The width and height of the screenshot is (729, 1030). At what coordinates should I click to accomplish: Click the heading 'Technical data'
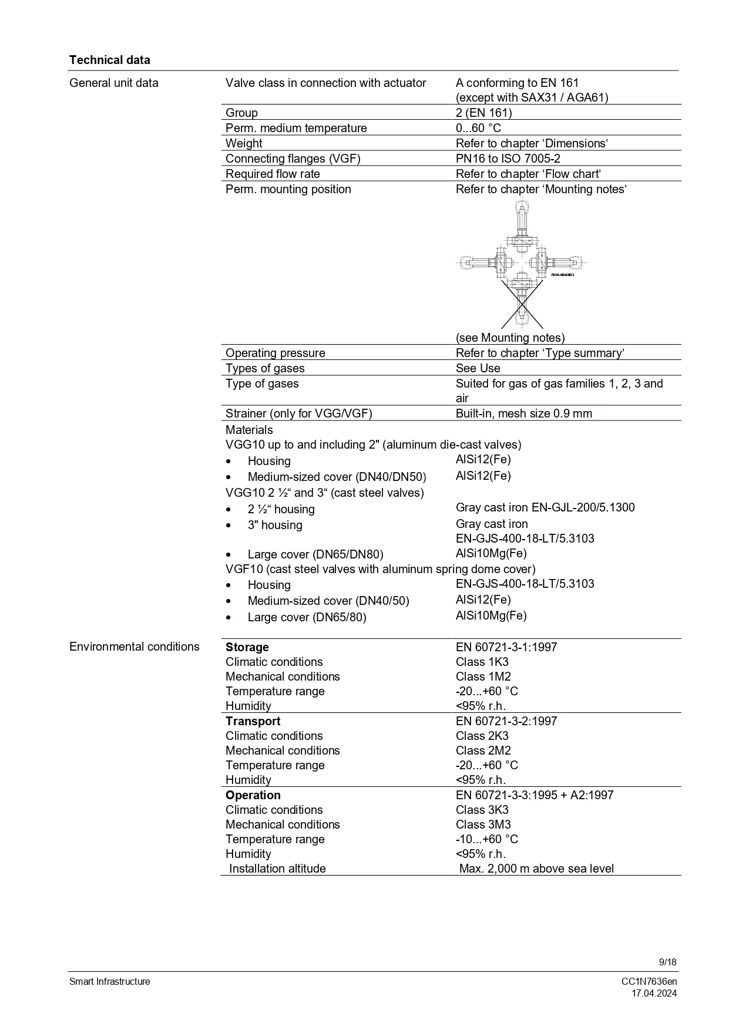pos(109,60)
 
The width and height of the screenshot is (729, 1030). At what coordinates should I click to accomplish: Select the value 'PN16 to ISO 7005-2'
pos(510,159)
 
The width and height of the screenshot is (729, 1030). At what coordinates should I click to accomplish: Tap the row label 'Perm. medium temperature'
pos(296,128)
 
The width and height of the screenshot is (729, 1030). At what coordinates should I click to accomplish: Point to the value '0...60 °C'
pos(478,128)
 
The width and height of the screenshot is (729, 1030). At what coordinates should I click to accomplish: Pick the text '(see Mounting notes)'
pos(510,338)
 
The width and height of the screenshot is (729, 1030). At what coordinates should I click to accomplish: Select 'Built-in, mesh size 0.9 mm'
pos(523,413)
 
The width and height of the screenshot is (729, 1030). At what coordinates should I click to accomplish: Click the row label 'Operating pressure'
pos(275,353)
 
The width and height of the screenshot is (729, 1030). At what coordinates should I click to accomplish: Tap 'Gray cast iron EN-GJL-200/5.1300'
pos(545,507)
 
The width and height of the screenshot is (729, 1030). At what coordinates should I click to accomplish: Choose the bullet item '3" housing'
pos(275,525)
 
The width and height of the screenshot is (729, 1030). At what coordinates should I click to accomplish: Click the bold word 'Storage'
pos(247,647)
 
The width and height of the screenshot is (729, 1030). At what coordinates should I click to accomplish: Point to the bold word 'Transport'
pos(253,721)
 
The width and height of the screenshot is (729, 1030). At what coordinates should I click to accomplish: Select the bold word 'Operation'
pos(253,795)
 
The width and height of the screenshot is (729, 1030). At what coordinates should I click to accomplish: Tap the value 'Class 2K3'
pos(482,736)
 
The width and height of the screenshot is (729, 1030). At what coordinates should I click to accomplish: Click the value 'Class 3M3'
pos(483,824)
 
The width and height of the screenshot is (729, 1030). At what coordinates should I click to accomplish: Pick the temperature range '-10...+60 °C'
pos(487,839)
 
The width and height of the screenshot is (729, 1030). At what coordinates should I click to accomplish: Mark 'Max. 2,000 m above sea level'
pos(536,869)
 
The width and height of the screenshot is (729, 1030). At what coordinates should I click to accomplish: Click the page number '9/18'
pos(668,962)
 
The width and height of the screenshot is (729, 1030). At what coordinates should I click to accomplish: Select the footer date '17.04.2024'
pos(654,994)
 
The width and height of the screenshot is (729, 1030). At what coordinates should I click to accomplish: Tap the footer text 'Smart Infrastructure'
pos(110,982)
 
